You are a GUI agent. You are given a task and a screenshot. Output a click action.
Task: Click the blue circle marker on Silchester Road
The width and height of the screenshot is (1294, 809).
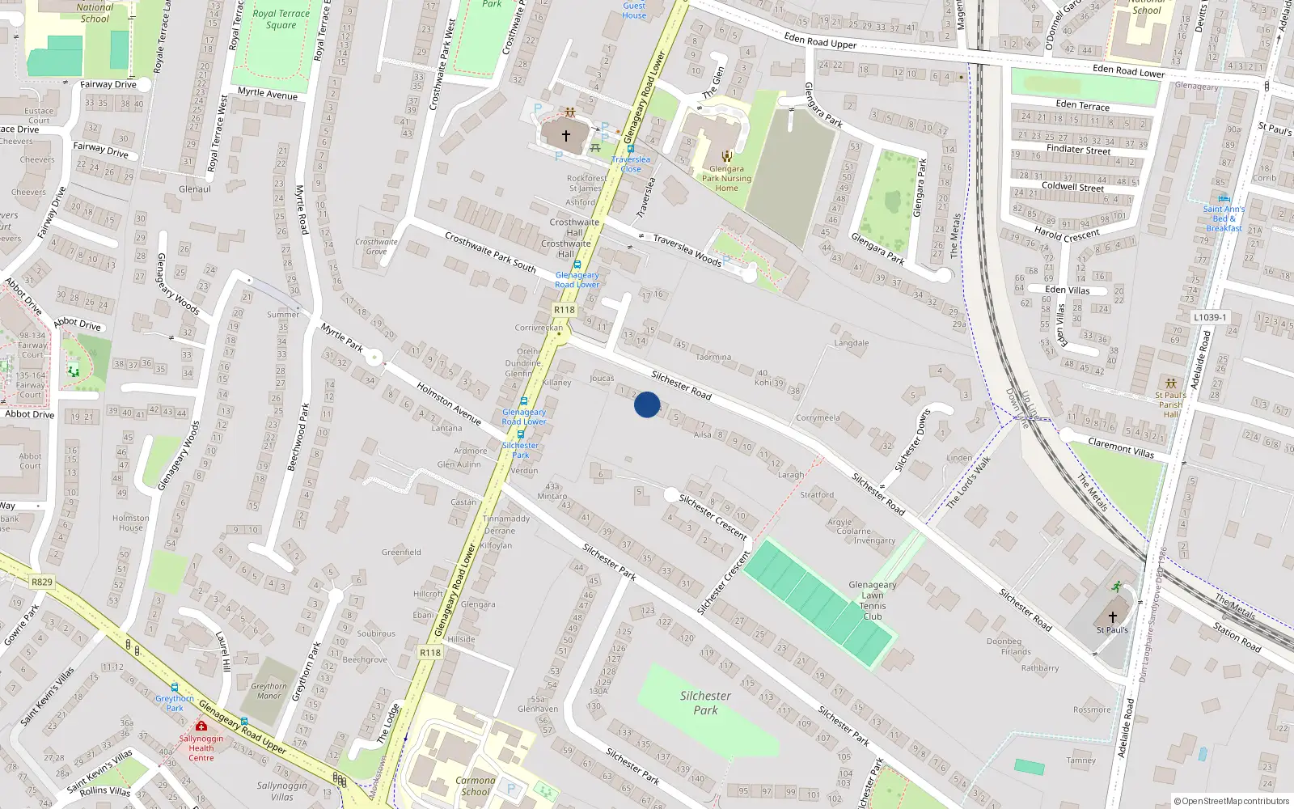[647, 404]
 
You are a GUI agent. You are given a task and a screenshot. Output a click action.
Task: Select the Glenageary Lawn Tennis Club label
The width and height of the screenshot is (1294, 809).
[873, 600]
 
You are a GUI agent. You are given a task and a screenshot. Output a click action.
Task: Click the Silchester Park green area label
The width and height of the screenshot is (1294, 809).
[705, 702]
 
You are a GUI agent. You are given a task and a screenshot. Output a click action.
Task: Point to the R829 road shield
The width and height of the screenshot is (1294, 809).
[42, 582]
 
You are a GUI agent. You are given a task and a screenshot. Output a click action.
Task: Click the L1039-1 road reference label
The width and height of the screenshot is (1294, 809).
[1210, 317]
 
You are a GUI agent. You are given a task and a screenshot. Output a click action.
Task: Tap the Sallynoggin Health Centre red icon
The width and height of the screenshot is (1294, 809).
[201, 726]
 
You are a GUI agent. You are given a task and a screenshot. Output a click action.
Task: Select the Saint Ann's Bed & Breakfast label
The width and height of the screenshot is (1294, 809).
[1224, 218]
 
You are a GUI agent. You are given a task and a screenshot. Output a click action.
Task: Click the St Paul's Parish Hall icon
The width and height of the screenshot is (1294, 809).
[1170, 383]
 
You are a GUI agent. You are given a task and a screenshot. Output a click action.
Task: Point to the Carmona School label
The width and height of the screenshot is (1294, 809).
[476, 786]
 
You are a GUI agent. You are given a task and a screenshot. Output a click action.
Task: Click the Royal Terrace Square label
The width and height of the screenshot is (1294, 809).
[281, 19]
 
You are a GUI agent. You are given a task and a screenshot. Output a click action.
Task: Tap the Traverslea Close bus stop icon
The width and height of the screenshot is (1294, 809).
[631, 149]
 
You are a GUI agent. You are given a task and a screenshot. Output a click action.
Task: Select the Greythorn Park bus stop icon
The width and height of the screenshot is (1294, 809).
[174, 688]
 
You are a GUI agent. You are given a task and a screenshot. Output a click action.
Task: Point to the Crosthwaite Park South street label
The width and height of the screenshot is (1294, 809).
[490, 252]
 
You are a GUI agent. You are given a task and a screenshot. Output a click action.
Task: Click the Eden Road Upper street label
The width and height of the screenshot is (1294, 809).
[820, 40]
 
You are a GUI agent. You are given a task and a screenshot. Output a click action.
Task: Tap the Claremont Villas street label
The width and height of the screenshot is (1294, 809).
[1121, 447]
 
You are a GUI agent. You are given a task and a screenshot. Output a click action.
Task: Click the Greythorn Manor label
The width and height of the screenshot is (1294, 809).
[269, 691]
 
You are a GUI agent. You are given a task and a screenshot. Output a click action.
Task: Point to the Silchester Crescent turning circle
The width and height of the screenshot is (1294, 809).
[671, 494]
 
